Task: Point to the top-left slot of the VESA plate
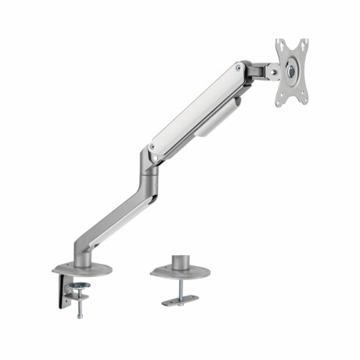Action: click(x=280, y=45)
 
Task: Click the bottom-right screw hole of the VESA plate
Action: click(x=303, y=97)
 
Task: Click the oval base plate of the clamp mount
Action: click(x=81, y=269)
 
